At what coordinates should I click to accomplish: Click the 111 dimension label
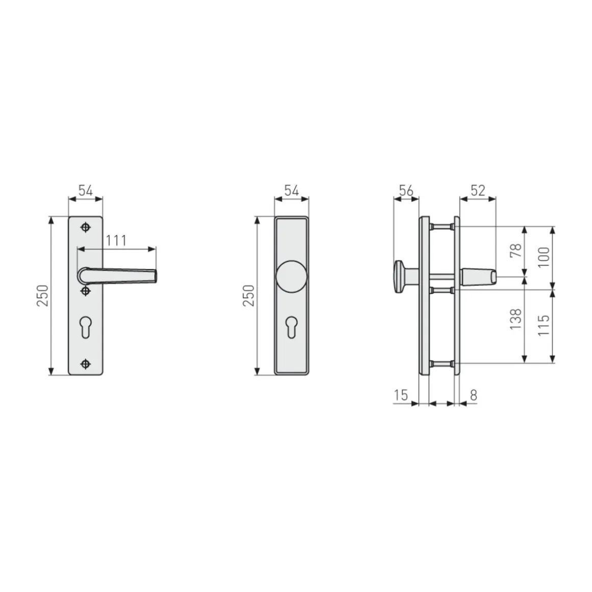(x=116, y=240)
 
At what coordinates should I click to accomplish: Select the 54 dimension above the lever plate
(x=85, y=191)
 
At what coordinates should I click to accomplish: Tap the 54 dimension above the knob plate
(x=291, y=191)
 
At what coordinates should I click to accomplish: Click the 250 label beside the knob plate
(x=249, y=295)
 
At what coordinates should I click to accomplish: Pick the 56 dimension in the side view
(x=406, y=191)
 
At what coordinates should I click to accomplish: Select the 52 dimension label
(x=478, y=191)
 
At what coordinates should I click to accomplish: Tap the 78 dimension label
(x=516, y=250)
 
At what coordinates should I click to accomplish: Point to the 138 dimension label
(x=516, y=319)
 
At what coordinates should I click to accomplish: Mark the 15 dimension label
(x=401, y=394)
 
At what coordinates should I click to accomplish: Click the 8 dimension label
(x=473, y=394)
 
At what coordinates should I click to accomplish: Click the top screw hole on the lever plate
(x=85, y=227)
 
